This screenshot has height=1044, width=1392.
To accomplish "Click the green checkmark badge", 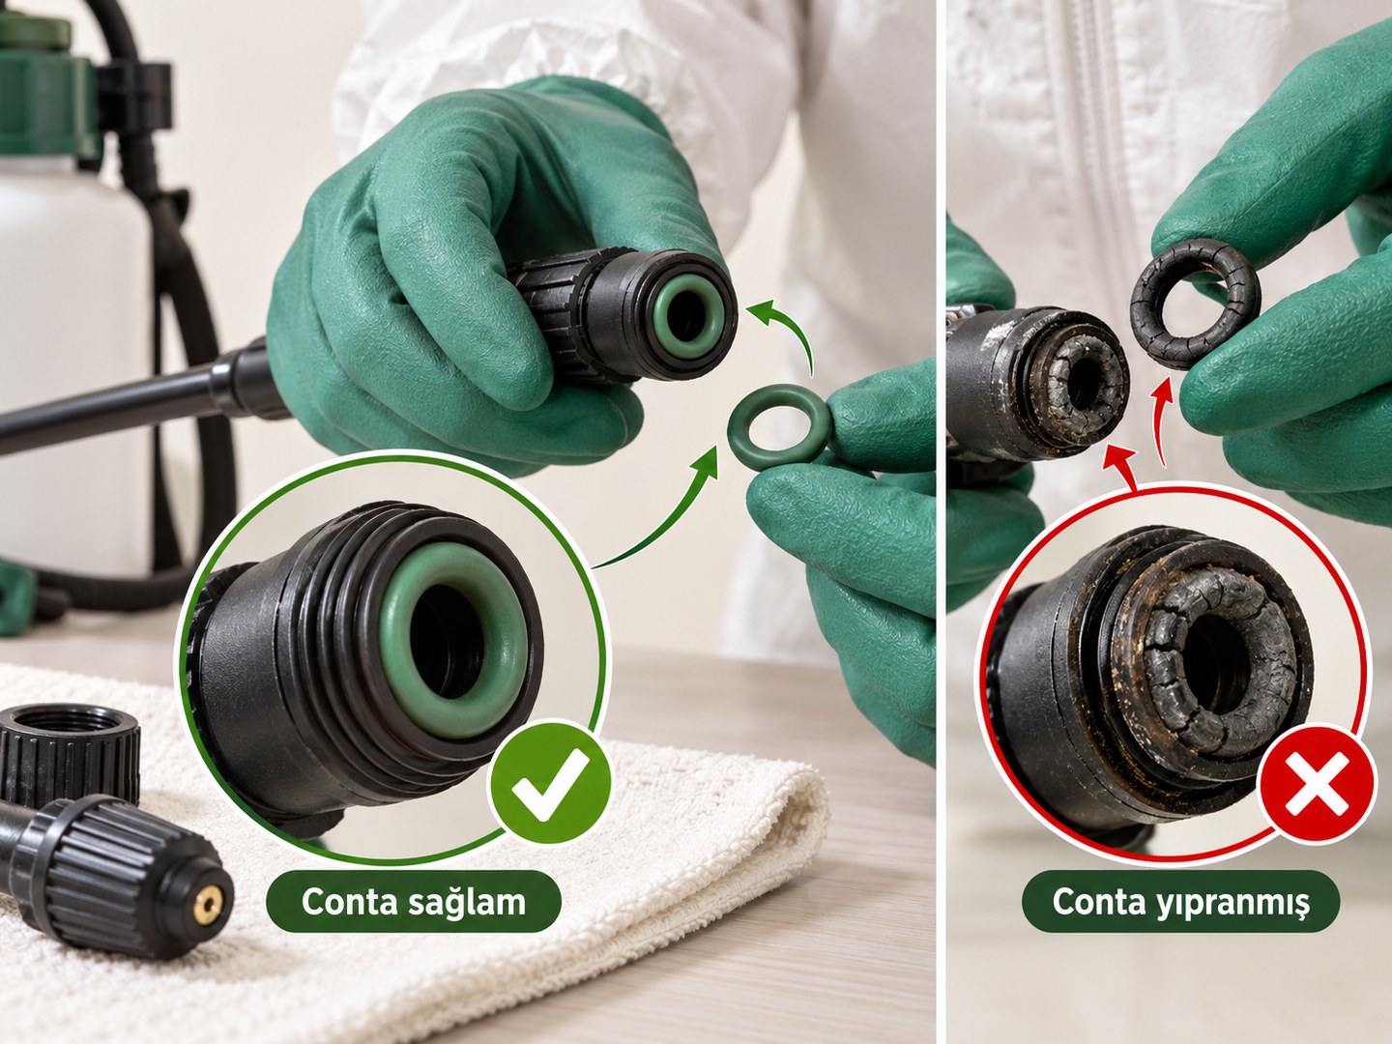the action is [550, 781].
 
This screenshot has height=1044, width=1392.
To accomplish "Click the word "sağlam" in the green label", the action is [466, 901].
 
